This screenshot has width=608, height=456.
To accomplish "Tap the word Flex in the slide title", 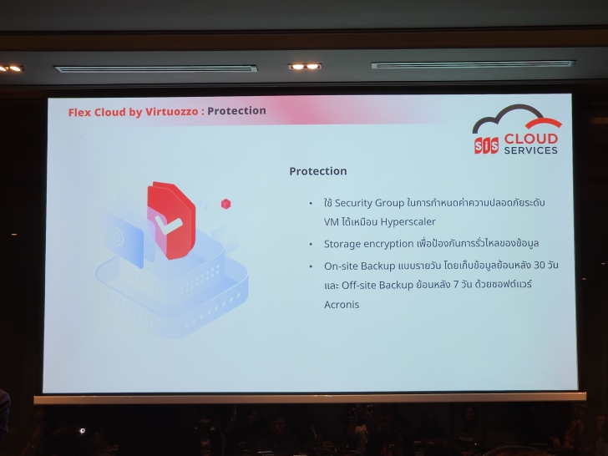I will [81, 111].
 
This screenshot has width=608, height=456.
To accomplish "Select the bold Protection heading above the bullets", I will [317, 171].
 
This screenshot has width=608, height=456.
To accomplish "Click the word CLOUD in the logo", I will [530, 138].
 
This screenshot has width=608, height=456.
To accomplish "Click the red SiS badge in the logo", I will [487, 144].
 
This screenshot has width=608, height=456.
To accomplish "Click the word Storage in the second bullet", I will [343, 244].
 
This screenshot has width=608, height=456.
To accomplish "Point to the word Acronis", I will [342, 304].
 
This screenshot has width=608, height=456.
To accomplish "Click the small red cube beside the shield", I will [225, 203].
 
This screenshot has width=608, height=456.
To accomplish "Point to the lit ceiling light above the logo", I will [303, 66].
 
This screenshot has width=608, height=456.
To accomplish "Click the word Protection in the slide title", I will [237, 110].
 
